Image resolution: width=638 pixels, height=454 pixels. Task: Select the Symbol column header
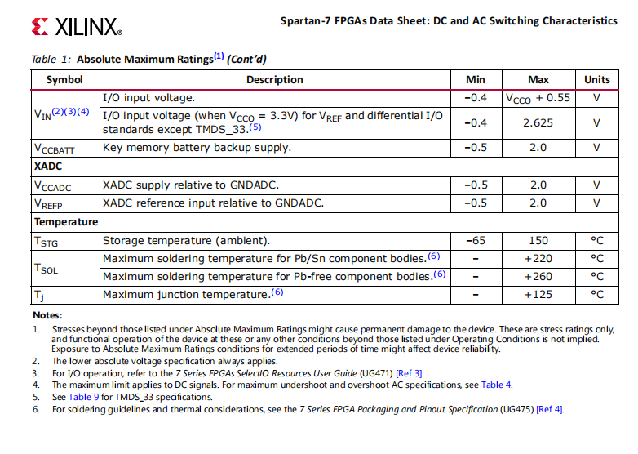pyautogui.click(x=64, y=80)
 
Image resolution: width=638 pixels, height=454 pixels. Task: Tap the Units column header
pyautogui.click(x=596, y=80)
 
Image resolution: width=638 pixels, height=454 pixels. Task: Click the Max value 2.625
pyautogui.click(x=538, y=122)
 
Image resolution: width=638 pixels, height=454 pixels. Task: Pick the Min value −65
pyautogui.click(x=475, y=241)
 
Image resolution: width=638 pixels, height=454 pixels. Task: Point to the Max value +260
pyautogui.click(x=538, y=276)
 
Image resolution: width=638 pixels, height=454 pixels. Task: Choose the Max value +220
pyautogui.click(x=538, y=259)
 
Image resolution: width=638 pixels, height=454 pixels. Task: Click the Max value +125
pyautogui.click(x=538, y=294)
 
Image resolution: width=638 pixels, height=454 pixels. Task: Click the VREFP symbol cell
pyautogui.click(x=49, y=203)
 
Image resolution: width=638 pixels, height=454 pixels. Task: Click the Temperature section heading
pyautogui.click(x=66, y=221)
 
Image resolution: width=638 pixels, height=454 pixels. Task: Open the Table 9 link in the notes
pyautogui.click(x=84, y=397)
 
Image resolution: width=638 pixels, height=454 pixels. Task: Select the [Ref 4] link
pyautogui.click(x=548, y=409)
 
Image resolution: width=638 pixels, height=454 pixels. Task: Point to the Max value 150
pyautogui.click(x=538, y=241)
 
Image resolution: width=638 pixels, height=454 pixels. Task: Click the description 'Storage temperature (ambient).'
pyautogui.click(x=185, y=241)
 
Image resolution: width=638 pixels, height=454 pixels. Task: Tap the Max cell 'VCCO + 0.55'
pyautogui.click(x=538, y=98)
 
